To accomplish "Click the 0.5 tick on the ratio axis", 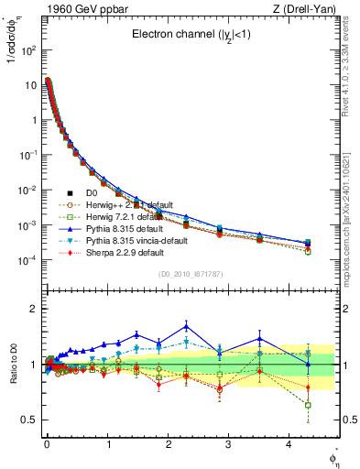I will (x=27, y=420).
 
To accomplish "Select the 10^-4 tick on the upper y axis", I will (x=27, y=261).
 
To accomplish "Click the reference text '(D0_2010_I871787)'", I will (x=191, y=274).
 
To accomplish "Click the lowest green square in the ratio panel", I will (x=308, y=405).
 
